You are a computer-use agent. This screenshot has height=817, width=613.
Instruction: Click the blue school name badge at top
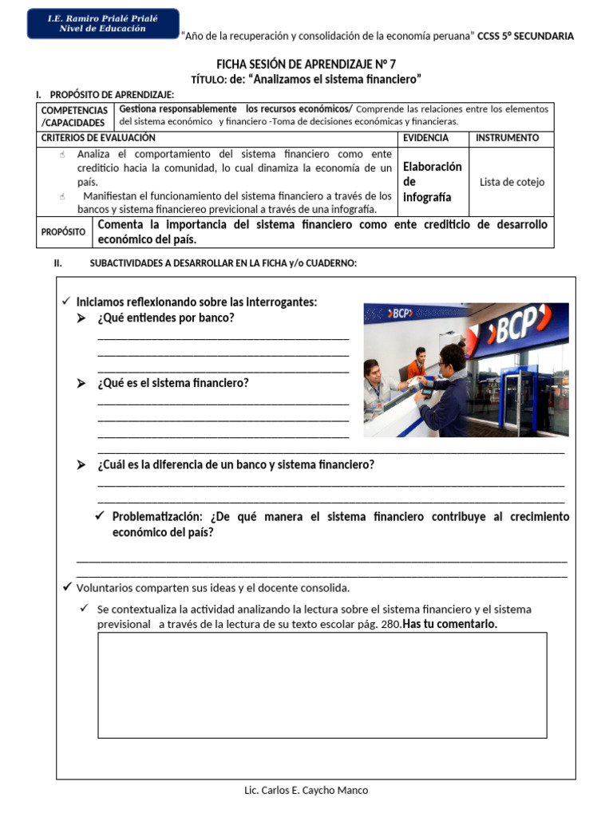103,23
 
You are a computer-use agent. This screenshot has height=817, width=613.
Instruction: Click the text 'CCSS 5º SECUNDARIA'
525,36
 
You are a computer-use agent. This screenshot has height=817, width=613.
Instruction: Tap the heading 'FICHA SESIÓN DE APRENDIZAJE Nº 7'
306,65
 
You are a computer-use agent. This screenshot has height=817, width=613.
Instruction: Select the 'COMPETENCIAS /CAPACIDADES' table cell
75,116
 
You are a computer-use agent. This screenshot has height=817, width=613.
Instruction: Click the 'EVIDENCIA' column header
425,138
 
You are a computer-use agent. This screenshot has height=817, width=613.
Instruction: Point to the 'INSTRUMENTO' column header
507,138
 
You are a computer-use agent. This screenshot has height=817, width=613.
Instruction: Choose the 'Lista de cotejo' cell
512,182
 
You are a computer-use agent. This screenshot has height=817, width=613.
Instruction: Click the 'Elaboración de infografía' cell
432,182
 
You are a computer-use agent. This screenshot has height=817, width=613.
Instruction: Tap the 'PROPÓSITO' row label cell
64,231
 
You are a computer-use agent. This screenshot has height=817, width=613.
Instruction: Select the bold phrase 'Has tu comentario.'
450,624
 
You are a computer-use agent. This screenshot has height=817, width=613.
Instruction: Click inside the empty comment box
322,685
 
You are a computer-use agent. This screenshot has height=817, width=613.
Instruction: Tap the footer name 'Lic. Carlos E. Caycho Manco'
306,791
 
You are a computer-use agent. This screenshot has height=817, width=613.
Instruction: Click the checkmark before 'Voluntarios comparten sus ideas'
67,587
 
